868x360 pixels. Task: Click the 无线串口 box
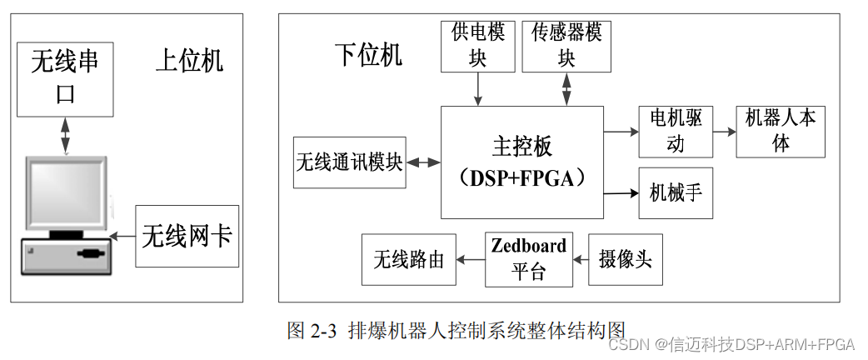(x=65, y=79)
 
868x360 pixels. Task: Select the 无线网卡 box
(x=187, y=236)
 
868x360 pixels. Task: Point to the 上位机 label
(x=190, y=61)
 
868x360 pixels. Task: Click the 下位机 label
(x=368, y=55)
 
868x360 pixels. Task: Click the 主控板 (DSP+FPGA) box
(x=522, y=162)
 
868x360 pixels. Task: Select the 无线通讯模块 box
(x=350, y=162)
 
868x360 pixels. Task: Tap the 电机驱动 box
(x=676, y=131)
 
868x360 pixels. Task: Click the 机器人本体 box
(x=781, y=131)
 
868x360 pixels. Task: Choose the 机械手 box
(x=676, y=192)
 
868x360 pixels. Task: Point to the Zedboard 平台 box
(x=529, y=258)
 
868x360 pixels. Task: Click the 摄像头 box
(x=626, y=258)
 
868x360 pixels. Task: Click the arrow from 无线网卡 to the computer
(x=123, y=237)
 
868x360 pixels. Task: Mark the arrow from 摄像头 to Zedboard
(x=581, y=258)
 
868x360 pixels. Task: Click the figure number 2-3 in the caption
(x=323, y=330)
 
